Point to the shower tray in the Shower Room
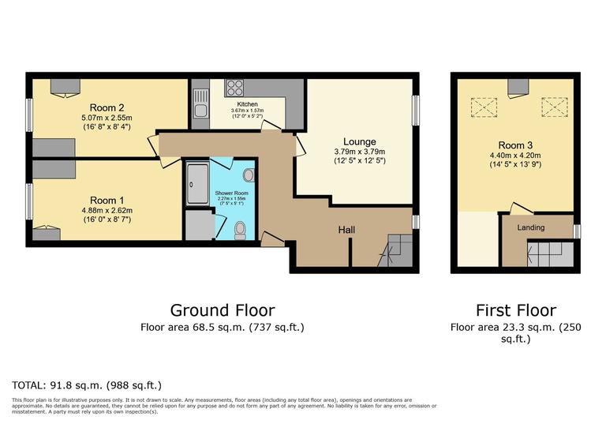click(x=196, y=186)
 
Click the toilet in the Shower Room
click(x=242, y=230)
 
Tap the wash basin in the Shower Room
click(x=249, y=175)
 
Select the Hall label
click(x=346, y=230)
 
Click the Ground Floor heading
click(x=223, y=310)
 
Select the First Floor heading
click(x=515, y=310)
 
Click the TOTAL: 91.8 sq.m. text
click(x=87, y=385)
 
